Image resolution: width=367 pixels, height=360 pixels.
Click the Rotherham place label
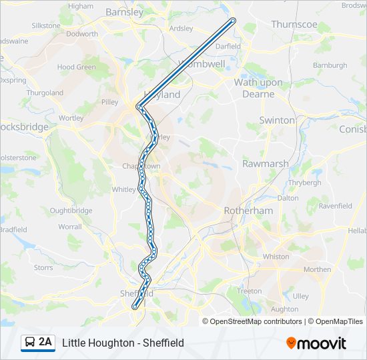point(248,210)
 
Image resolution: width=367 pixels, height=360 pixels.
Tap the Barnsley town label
point(124,12)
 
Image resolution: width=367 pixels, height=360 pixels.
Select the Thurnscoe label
point(294,24)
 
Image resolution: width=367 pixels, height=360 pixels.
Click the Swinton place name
point(277,120)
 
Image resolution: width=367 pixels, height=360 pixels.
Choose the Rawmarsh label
point(265,163)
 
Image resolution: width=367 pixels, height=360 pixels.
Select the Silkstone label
point(45,25)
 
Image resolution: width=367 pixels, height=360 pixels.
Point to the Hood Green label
point(75,67)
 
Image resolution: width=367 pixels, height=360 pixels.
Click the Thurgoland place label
point(45,93)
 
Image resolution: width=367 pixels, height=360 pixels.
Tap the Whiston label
point(276,257)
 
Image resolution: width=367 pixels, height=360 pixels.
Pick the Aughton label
point(285,309)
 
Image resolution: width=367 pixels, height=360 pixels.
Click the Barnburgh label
point(330,65)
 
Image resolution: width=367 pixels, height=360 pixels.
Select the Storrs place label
point(43,267)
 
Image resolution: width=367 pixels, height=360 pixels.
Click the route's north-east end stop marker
point(233,21)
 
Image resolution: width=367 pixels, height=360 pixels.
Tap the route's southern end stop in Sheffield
point(135,307)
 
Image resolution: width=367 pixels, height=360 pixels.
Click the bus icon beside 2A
point(30,343)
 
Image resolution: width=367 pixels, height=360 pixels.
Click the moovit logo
point(316,343)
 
